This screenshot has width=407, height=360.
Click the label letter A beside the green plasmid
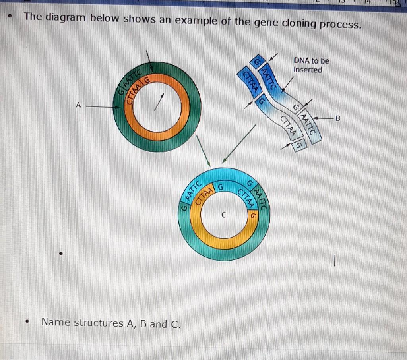78,105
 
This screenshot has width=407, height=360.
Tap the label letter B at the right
338,118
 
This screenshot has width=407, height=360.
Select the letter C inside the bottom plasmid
224,215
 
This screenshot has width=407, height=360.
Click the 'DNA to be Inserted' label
311,65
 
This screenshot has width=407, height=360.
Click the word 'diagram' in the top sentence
68,18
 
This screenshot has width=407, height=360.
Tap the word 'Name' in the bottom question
56,322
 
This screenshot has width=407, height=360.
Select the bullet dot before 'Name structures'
27,323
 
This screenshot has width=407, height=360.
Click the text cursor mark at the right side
335,261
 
